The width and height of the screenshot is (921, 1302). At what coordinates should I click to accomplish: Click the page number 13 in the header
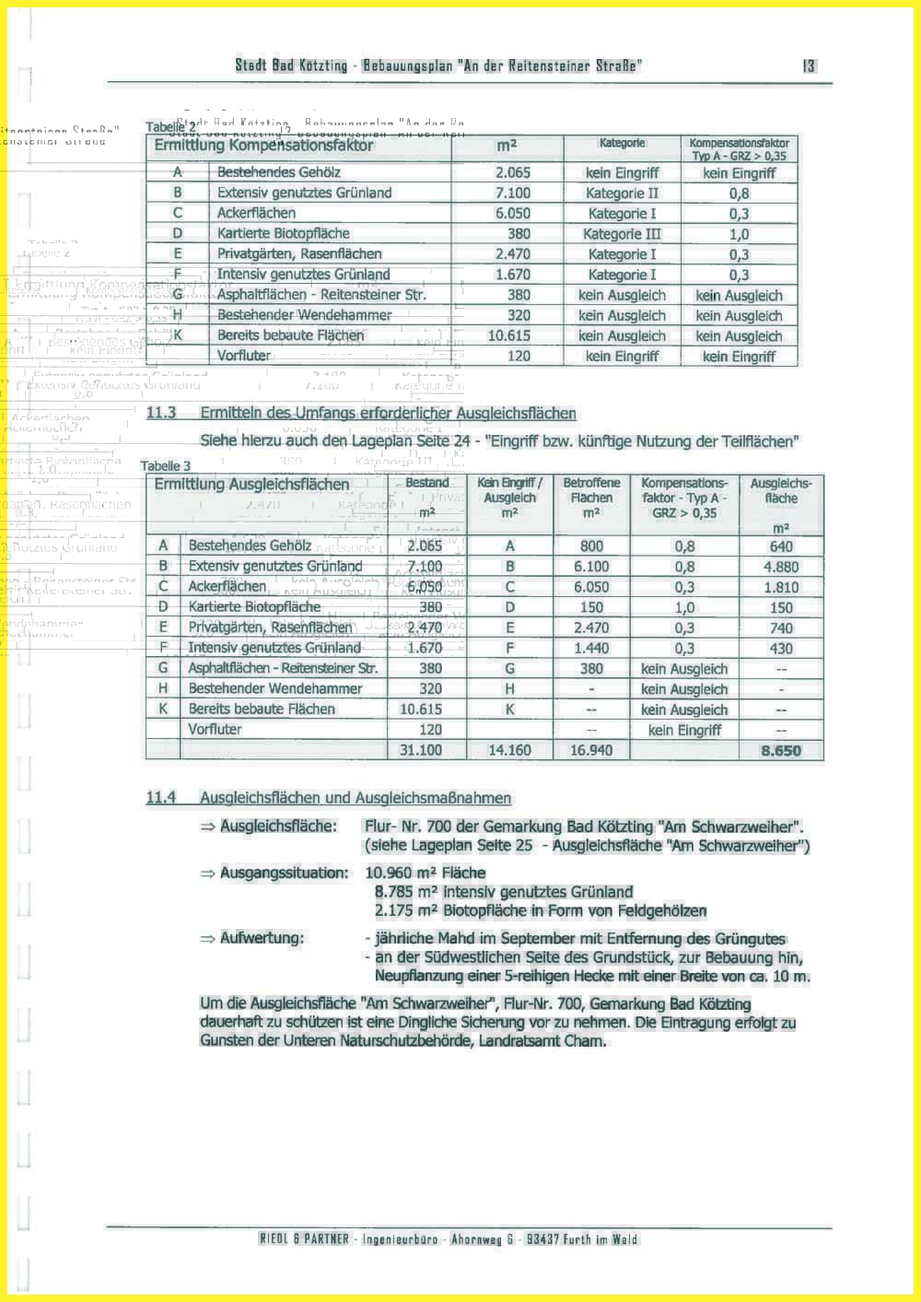point(808,65)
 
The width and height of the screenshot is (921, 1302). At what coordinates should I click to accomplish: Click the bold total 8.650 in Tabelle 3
point(781,751)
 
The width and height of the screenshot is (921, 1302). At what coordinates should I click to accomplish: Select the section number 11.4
point(160,798)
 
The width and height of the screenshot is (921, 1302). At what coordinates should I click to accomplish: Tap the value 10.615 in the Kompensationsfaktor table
point(509,336)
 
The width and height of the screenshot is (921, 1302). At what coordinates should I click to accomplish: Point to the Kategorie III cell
point(622,234)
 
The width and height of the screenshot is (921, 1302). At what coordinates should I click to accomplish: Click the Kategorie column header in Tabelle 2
point(622,144)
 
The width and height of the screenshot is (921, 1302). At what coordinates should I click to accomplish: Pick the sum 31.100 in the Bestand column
point(420,751)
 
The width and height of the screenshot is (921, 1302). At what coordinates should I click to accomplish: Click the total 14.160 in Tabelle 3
point(509,751)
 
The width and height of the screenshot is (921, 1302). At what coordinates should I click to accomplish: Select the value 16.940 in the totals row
point(591,751)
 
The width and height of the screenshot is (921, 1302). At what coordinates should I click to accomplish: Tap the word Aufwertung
point(262,938)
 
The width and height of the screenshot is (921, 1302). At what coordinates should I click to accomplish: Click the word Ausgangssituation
point(284,873)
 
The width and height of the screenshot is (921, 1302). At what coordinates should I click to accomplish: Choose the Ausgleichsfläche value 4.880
point(781,567)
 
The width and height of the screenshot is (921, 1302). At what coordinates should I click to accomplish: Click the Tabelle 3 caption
point(166,466)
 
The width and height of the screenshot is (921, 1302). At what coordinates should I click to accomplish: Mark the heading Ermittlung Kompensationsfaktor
point(263,146)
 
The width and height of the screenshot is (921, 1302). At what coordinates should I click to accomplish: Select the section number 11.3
point(160,413)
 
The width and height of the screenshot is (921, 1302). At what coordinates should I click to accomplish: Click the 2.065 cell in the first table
point(513,172)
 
